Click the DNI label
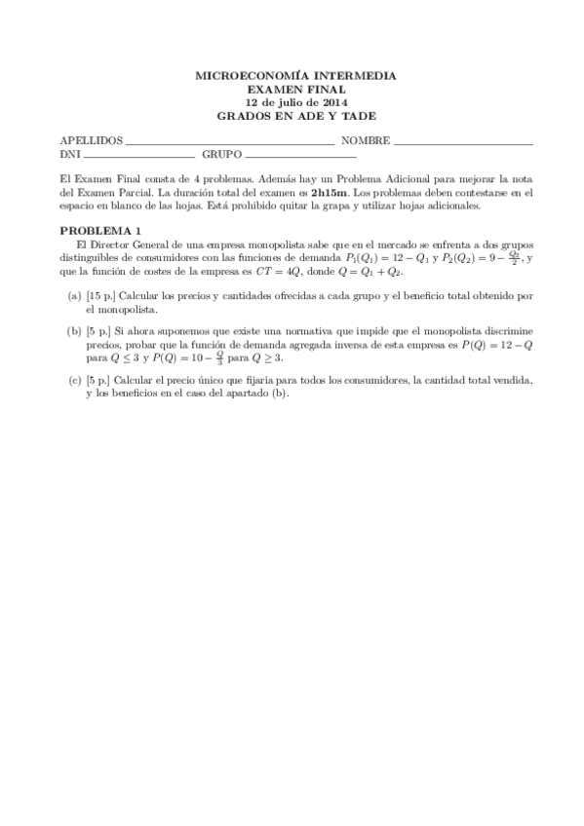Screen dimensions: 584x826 coord(69,154)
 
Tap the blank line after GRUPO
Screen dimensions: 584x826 coord(300,157)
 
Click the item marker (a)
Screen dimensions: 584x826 coord(74,295)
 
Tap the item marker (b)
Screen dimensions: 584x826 coord(74,332)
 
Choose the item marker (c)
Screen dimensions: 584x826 coord(74,381)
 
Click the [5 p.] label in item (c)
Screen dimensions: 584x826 coord(99,381)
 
